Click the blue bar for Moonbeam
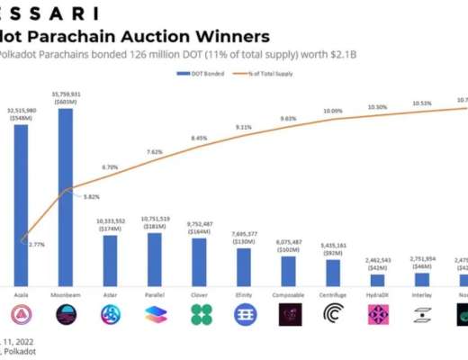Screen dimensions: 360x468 point(66,199)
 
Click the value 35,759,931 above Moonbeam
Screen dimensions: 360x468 point(66,92)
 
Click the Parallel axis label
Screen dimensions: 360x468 point(154,293)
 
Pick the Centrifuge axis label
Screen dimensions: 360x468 point(332,293)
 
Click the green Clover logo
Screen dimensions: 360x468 point(199,314)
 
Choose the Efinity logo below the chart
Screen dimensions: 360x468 point(243,314)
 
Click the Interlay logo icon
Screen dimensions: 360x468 point(421,314)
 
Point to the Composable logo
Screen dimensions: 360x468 point(288,314)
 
